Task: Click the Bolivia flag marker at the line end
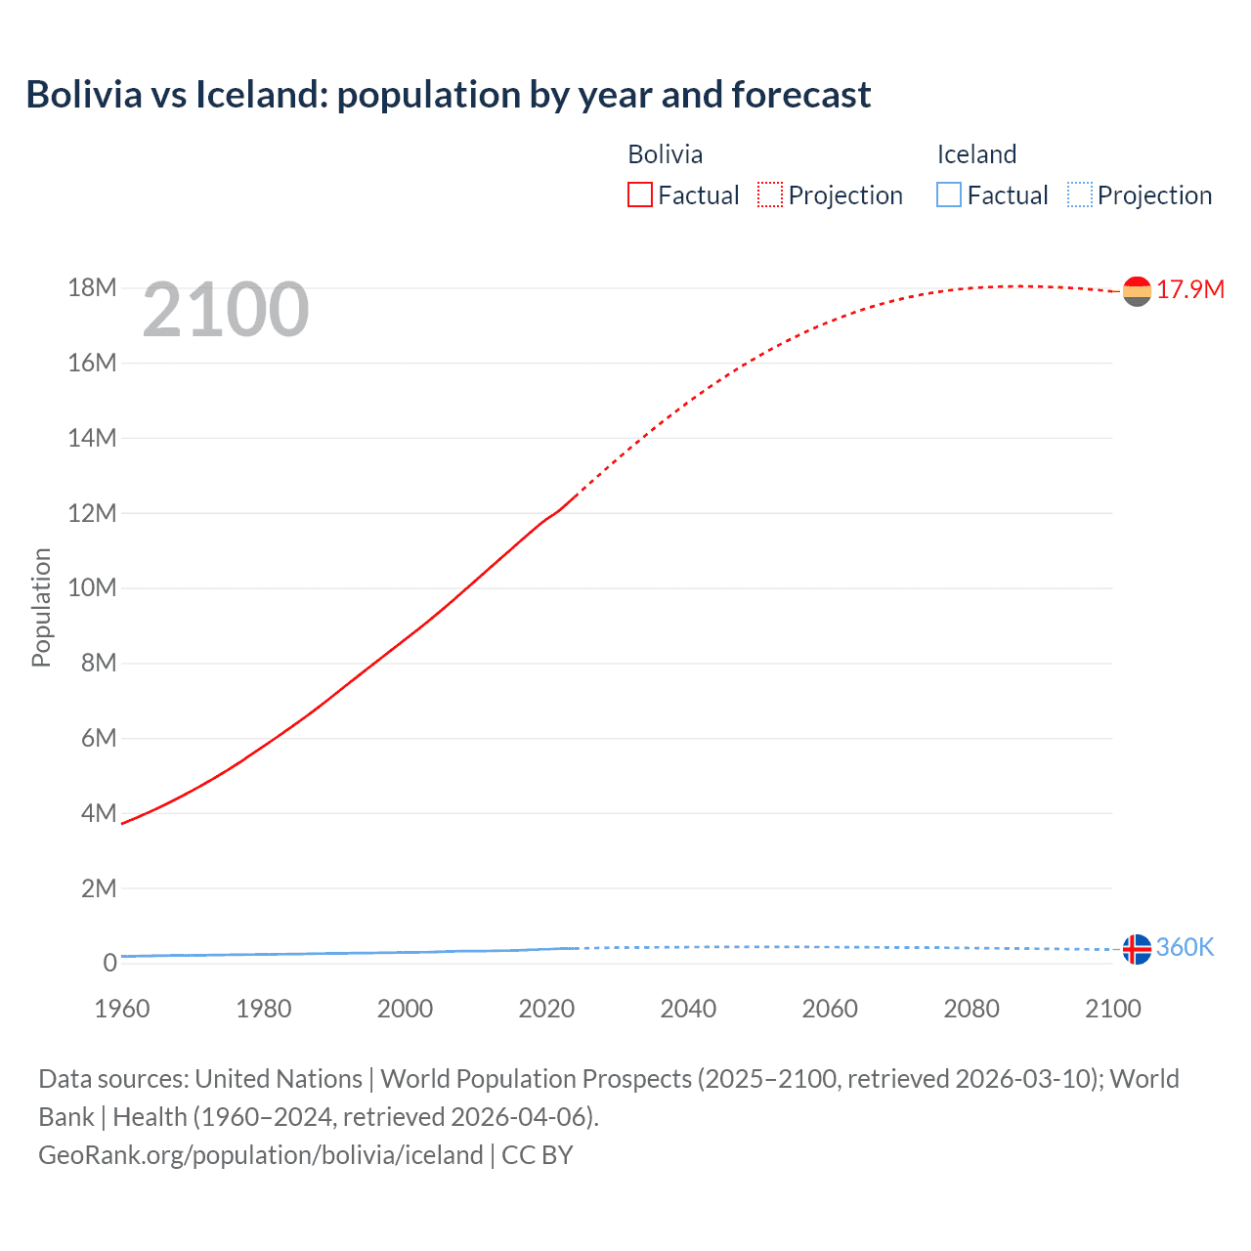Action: pyautogui.click(x=1137, y=291)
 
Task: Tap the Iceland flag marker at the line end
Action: pyautogui.click(x=1137, y=949)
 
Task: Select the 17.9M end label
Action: pyautogui.click(x=1190, y=289)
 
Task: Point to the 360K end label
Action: pyautogui.click(x=1185, y=947)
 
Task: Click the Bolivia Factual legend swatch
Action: pyautogui.click(x=639, y=195)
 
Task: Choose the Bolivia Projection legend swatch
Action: pyautogui.click(x=770, y=195)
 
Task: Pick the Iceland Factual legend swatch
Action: pyautogui.click(x=948, y=195)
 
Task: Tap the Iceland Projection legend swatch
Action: pyautogui.click(x=1079, y=195)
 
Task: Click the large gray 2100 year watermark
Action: pyautogui.click(x=226, y=310)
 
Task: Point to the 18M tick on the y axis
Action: pyautogui.click(x=92, y=288)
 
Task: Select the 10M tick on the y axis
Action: pyautogui.click(x=92, y=588)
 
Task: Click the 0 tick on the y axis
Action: pyautogui.click(x=109, y=964)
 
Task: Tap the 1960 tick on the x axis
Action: pyautogui.click(x=122, y=1009)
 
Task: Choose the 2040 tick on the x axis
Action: pyautogui.click(x=688, y=1009)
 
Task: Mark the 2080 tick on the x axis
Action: pyautogui.click(x=971, y=1009)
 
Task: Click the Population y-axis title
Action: pyautogui.click(x=41, y=607)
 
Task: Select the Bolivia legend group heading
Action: pyautogui.click(x=665, y=154)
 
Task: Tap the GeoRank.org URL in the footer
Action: pyautogui.click(x=260, y=1155)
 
